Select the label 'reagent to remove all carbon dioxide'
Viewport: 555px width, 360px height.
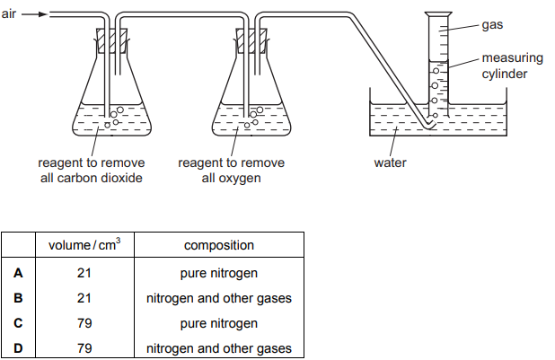(x=91, y=171)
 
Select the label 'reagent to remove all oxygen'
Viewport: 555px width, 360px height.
(x=232, y=171)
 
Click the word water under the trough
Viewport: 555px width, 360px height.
(x=391, y=163)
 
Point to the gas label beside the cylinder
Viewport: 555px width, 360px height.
(x=492, y=25)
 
